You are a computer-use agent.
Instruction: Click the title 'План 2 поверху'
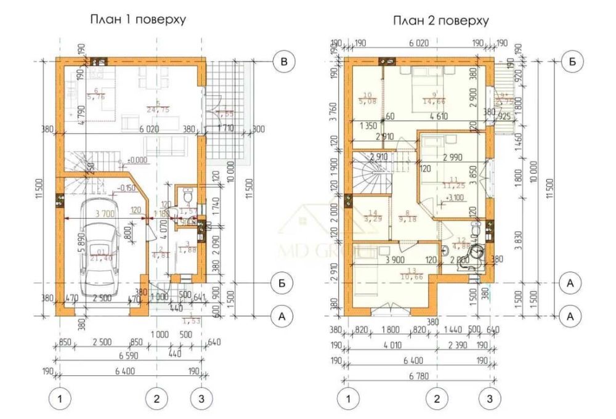441,21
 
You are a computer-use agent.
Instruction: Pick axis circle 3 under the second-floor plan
490,399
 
